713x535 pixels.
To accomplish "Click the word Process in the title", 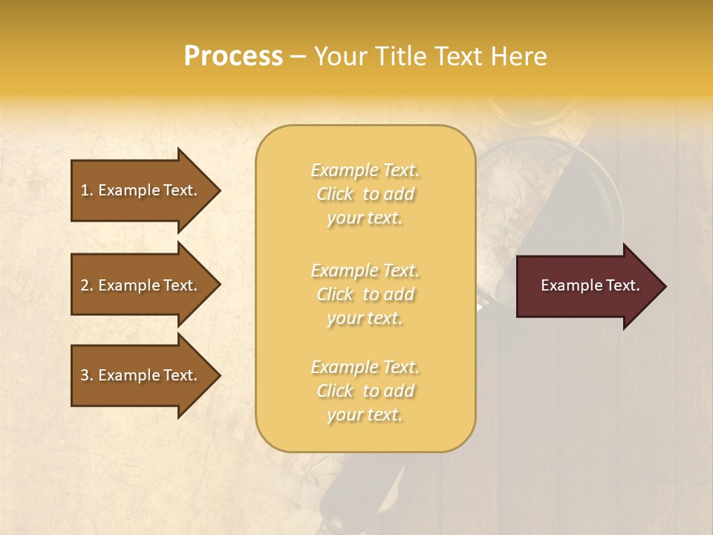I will [x=233, y=56].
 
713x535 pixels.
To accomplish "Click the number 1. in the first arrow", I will [x=87, y=190].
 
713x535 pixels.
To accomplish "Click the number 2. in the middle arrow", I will [x=87, y=285].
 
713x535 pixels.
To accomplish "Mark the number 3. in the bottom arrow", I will [x=87, y=375].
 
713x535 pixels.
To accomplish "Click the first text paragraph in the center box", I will [x=365, y=194].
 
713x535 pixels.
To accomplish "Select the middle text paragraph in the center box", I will [x=365, y=294].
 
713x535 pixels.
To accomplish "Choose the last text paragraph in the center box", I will [x=365, y=391].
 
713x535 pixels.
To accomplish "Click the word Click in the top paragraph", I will [x=335, y=194].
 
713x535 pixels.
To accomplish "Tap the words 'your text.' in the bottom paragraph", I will [x=365, y=415].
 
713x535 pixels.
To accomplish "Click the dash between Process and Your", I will [x=299, y=57].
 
